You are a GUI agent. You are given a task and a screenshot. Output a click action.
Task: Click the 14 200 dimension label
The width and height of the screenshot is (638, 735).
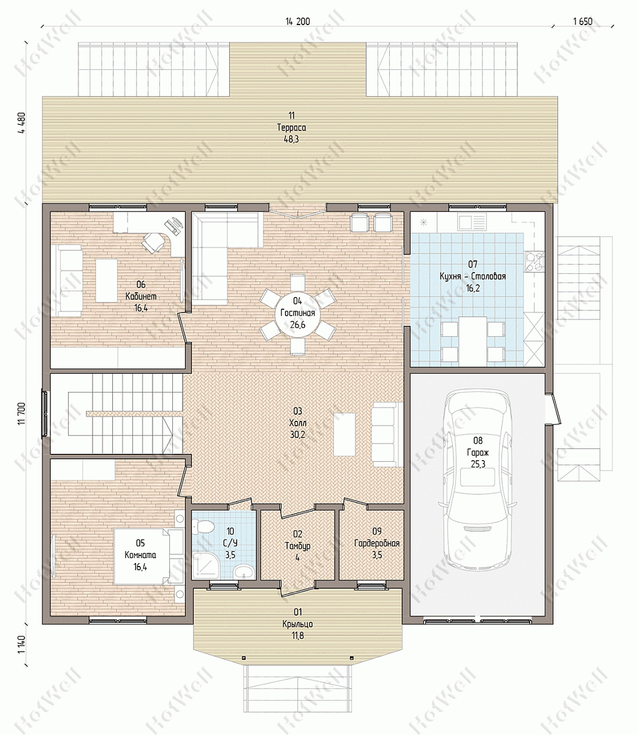[298, 21]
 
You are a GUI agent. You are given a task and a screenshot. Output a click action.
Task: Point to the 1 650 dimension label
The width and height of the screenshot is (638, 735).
[583, 21]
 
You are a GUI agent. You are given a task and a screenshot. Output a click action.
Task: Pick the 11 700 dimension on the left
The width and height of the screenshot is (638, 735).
[21, 414]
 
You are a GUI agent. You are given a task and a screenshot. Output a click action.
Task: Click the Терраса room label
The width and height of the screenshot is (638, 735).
[292, 127]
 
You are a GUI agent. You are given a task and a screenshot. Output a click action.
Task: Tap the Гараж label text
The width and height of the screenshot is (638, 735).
[477, 452]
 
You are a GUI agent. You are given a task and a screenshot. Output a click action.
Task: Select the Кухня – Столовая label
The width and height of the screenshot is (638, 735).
[473, 276]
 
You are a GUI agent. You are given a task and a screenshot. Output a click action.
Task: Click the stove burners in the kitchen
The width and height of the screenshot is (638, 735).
[534, 262]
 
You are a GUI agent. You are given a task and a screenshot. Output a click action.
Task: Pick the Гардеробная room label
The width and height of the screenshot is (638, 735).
[377, 543]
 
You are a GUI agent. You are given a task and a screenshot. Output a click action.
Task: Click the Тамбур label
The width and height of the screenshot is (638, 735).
[298, 546]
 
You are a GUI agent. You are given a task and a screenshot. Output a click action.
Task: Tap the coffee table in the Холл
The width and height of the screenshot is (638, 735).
[344, 434]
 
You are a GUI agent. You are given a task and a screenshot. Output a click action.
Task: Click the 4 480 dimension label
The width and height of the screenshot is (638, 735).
[21, 123]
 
